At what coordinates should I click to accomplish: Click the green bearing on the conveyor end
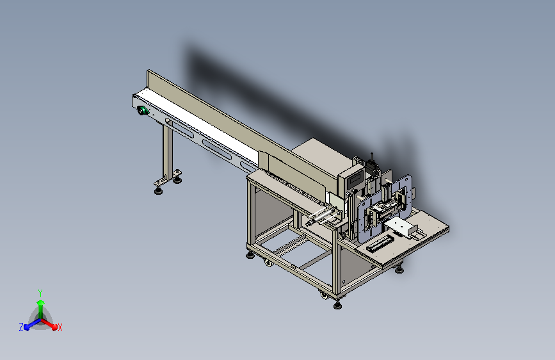[x=143, y=111]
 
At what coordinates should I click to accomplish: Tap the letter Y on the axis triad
[x=40, y=293]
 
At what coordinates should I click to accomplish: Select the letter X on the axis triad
[x=60, y=327]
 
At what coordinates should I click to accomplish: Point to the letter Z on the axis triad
[x=21, y=327]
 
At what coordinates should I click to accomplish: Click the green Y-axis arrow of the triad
[x=41, y=309]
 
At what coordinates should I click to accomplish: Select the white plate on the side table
[x=399, y=226]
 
